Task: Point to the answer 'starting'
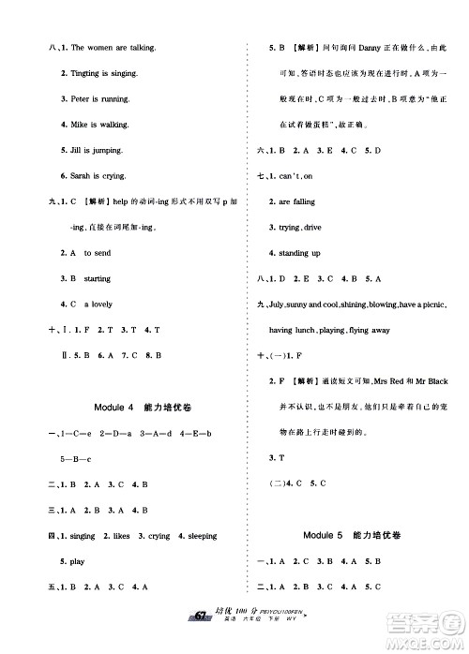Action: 98,278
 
